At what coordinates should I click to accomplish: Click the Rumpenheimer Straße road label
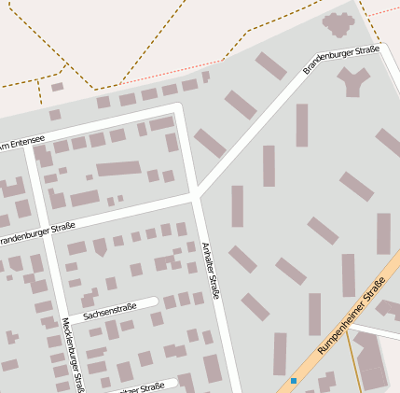352,321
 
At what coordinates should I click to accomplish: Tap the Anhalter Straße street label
211,271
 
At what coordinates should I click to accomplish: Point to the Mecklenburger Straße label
73,355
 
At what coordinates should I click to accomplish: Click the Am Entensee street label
21,143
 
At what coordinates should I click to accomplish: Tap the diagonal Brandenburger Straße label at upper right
341,60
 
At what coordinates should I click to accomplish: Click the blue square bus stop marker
294,381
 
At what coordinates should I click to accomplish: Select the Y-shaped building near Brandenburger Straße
354,83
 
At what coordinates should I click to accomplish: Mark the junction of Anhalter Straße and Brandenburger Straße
197,197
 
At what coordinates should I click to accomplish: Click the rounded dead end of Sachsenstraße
154,302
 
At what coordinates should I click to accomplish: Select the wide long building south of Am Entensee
117,169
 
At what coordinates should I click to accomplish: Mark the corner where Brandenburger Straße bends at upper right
380,49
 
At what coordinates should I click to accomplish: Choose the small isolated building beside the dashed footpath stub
57,87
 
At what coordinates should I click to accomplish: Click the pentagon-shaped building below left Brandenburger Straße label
100,247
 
